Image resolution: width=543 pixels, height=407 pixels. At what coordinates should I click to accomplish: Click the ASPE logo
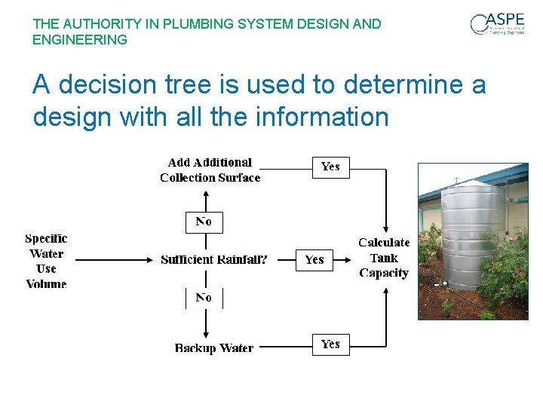coord(498,23)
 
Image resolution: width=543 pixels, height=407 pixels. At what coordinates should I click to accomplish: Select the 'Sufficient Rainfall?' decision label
coord(214,259)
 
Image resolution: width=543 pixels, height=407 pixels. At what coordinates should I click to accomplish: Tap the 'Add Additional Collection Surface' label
coord(210,170)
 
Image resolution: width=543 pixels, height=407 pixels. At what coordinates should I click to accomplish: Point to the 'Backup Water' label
coord(214,348)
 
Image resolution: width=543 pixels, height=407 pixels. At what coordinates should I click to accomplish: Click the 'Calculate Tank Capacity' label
coord(384,258)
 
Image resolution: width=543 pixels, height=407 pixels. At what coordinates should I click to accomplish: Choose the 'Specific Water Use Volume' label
coord(47,261)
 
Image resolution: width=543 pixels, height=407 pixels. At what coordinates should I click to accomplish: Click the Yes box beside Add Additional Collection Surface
coord(331,167)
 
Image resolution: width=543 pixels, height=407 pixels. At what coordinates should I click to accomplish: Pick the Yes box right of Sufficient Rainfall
coord(314,260)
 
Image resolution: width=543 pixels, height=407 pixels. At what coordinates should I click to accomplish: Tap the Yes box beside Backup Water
coord(331,344)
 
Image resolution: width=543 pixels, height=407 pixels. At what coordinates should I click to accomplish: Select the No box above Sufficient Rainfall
coord(204,222)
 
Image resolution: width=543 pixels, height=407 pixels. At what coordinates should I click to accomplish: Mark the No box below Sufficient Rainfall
coord(204,298)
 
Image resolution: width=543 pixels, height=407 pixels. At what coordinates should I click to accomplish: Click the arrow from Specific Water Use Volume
coord(113,260)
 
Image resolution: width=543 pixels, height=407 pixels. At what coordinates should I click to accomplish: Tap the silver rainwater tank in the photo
coord(471,241)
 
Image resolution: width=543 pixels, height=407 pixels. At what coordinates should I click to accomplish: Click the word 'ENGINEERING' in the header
coord(80,39)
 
